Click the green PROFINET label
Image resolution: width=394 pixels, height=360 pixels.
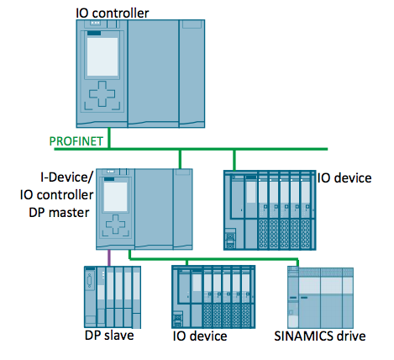[x=76, y=141]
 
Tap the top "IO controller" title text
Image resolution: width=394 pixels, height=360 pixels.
[x=113, y=13]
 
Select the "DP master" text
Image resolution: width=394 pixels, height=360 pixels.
[x=59, y=213]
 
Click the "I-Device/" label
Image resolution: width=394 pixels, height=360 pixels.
[x=66, y=177]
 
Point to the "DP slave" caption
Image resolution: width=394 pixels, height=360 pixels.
[x=109, y=336]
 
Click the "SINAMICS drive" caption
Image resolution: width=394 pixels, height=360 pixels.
[x=320, y=336]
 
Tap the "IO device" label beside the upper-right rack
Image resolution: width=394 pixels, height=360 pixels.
[x=344, y=178]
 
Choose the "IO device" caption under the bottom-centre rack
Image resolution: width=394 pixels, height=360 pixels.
[x=200, y=336]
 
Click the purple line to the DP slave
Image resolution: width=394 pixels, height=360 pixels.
[x=109, y=257]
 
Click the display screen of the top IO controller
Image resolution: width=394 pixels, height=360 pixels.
[x=102, y=56]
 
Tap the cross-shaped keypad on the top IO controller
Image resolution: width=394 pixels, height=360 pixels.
[x=102, y=94]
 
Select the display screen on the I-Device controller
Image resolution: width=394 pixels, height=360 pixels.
[x=115, y=197]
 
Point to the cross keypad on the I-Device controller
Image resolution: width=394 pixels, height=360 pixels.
[x=115, y=224]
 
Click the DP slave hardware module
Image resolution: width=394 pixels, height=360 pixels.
[x=113, y=297]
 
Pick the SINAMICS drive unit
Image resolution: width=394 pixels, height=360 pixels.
[x=320, y=297]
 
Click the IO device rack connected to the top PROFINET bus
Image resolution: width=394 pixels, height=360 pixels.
[x=270, y=210]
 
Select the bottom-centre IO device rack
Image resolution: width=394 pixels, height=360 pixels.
[x=213, y=297]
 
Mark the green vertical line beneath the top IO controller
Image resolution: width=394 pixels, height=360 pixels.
[x=109, y=138]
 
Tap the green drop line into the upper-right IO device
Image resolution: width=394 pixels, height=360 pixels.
[x=234, y=160]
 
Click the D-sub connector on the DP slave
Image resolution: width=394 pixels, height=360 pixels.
[x=90, y=281]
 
